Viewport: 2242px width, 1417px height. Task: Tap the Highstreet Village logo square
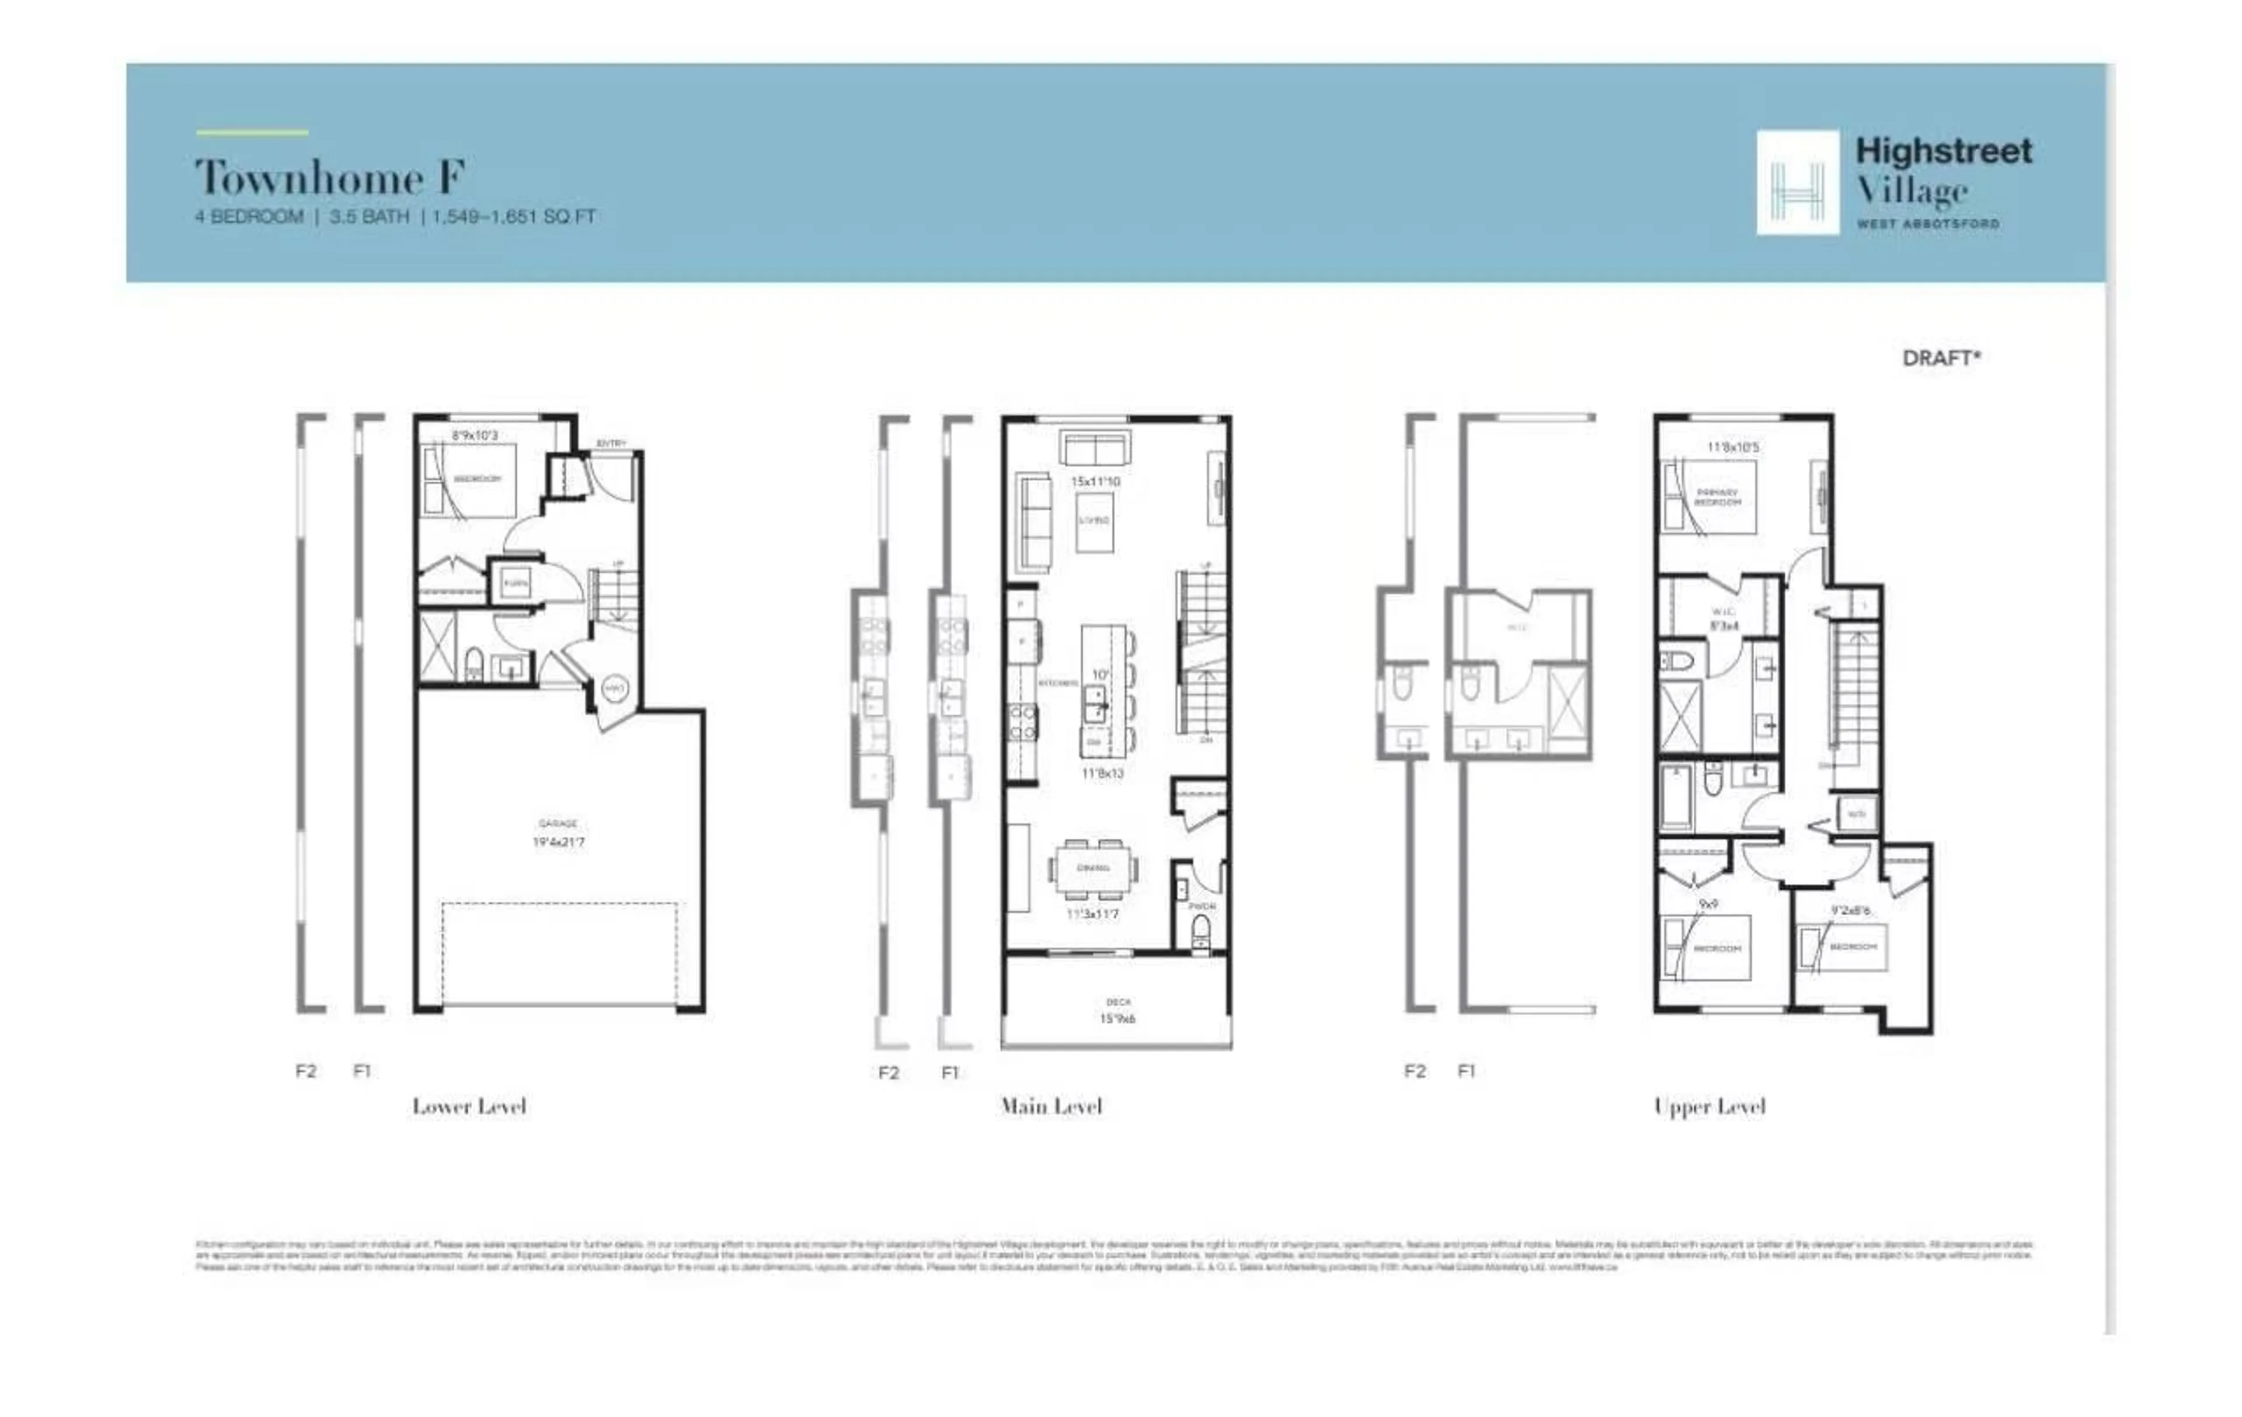1797,183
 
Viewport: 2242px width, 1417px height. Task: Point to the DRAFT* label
1941,358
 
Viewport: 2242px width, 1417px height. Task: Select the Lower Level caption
469,1106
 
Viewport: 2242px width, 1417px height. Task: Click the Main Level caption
1051,1106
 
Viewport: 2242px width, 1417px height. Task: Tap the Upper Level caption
1710,1106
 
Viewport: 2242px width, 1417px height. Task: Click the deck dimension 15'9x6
1117,1019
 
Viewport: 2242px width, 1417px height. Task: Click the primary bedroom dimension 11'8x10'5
1733,447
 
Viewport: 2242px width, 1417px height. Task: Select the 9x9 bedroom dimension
1708,904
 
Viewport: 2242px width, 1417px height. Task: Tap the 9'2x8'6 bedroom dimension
1850,911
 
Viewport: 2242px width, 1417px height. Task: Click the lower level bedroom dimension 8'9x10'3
475,435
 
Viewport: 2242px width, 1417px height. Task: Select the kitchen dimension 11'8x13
1102,774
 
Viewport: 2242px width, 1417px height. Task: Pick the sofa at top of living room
1095,449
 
